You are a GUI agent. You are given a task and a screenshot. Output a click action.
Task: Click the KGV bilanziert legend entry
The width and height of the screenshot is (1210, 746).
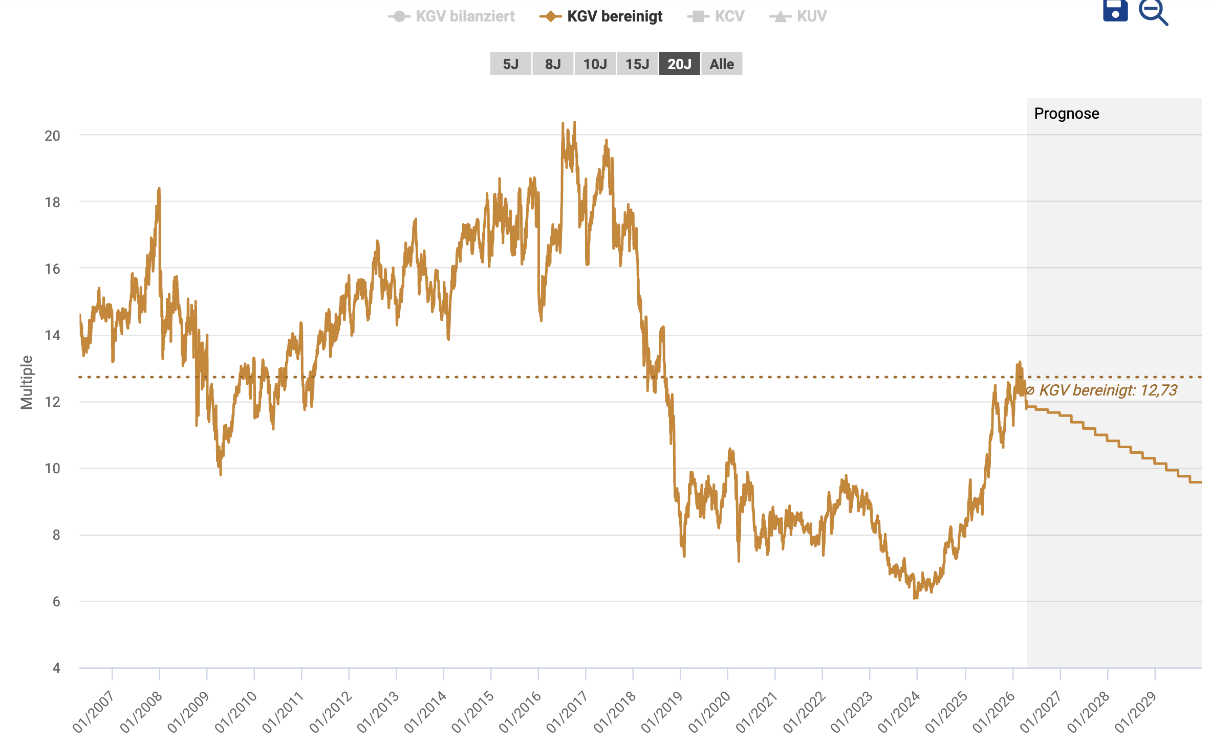452,16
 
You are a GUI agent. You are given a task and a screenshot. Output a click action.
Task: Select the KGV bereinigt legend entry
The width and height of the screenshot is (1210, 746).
601,16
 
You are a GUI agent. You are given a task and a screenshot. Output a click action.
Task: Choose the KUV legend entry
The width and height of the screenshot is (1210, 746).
798,16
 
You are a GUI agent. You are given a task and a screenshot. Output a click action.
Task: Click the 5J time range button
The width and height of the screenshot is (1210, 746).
510,64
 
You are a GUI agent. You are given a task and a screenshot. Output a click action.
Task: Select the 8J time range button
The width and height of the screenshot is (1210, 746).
553,64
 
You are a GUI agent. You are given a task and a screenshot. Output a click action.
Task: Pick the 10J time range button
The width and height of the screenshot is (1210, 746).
595,64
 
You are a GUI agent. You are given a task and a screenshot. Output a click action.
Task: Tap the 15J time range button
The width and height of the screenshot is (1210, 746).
637,64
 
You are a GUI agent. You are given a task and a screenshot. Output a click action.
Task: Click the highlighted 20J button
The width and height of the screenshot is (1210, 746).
679,64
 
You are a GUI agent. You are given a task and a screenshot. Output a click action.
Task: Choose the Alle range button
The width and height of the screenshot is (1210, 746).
722,64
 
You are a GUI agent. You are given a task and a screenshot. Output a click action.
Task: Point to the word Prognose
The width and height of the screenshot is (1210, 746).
1066,114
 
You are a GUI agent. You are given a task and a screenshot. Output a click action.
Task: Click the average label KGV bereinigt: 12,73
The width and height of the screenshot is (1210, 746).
1101,390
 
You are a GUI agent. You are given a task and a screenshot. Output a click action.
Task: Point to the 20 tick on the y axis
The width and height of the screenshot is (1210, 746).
52,136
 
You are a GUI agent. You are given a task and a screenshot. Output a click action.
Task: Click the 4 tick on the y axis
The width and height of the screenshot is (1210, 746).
56,668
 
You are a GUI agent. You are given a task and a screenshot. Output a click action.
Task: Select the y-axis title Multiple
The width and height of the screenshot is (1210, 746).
27,382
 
